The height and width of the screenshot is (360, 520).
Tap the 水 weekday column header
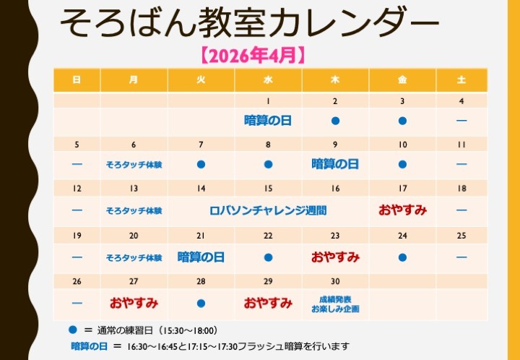tap(268, 80)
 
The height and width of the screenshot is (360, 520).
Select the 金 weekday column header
tap(402, 80)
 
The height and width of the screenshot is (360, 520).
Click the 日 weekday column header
tap(77, 80)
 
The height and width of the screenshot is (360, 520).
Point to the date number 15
tap(268, 189)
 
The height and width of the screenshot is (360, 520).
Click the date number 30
tap(335, 281)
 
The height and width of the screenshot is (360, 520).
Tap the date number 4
tap(461, 101)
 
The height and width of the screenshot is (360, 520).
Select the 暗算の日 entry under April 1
tap(268, 121)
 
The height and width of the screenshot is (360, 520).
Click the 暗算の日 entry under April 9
tap(335, 165)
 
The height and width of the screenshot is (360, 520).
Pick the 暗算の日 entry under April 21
tap(201, 257)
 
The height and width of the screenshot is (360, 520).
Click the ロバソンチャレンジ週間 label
tap(268, 211)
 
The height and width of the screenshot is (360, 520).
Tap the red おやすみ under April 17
tap(402, 211)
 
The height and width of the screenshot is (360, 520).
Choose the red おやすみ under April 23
tap(335, 257)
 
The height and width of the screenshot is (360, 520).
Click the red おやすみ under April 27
tap(134, 303)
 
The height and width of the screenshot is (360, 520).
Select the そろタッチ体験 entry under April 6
tap(134, 165)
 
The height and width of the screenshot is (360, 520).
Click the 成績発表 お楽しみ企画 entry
tap(335, 304)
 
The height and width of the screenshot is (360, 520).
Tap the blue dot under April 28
tap(201, 303)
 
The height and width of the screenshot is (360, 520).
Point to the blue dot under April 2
tap(335, 121)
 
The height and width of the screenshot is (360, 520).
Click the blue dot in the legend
tap(72, 330)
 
